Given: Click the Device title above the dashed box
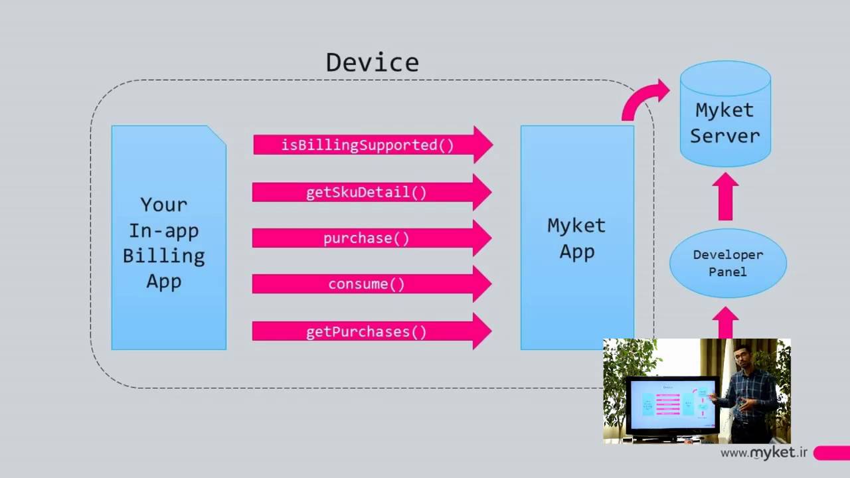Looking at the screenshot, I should (372, 62).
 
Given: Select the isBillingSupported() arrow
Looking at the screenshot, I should (372, 145).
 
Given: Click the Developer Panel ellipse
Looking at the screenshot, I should (728, 264).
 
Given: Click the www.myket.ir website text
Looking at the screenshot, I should (764, 453).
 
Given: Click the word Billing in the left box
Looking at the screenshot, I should (163, 256).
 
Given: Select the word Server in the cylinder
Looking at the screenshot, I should (724, 135).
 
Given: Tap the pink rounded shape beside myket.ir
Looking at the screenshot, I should (832, 453).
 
